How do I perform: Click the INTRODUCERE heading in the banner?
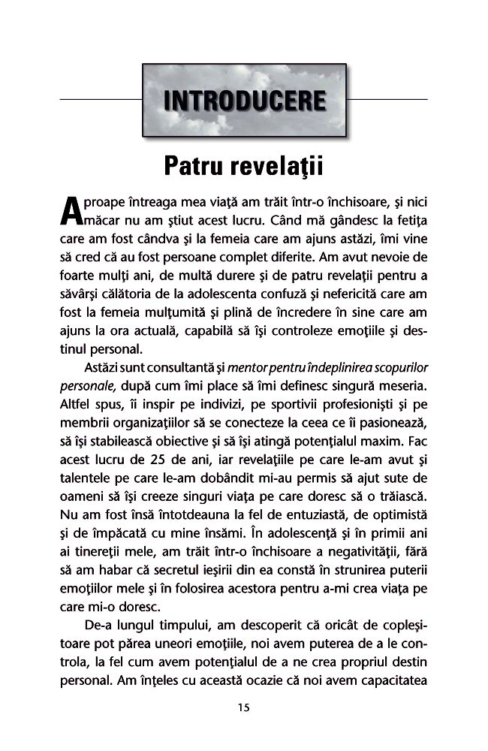coord(244,101)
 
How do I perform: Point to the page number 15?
coord(243,707)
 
